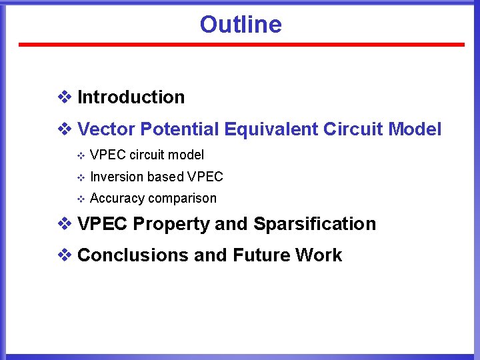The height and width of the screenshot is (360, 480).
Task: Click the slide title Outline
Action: point(241,25)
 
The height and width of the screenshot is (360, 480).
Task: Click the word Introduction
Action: point(131,97)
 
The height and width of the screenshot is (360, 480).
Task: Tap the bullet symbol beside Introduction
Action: point(65,97)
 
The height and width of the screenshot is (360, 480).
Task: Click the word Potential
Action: point(180,129)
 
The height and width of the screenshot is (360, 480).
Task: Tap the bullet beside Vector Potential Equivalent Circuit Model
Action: point(65,129)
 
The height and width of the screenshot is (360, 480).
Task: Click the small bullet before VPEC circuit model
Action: point(80,156)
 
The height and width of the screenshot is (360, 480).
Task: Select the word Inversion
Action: point(117,177)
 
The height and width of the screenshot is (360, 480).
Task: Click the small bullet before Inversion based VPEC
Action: point(80,177)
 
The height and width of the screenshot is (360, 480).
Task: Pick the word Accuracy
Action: point(117,199)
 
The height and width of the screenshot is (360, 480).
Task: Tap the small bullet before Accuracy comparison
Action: point(80,199)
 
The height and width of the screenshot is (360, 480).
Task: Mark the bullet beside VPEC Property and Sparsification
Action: point(65,224)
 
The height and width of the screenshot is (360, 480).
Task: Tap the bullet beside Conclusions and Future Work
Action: point(65,255)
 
